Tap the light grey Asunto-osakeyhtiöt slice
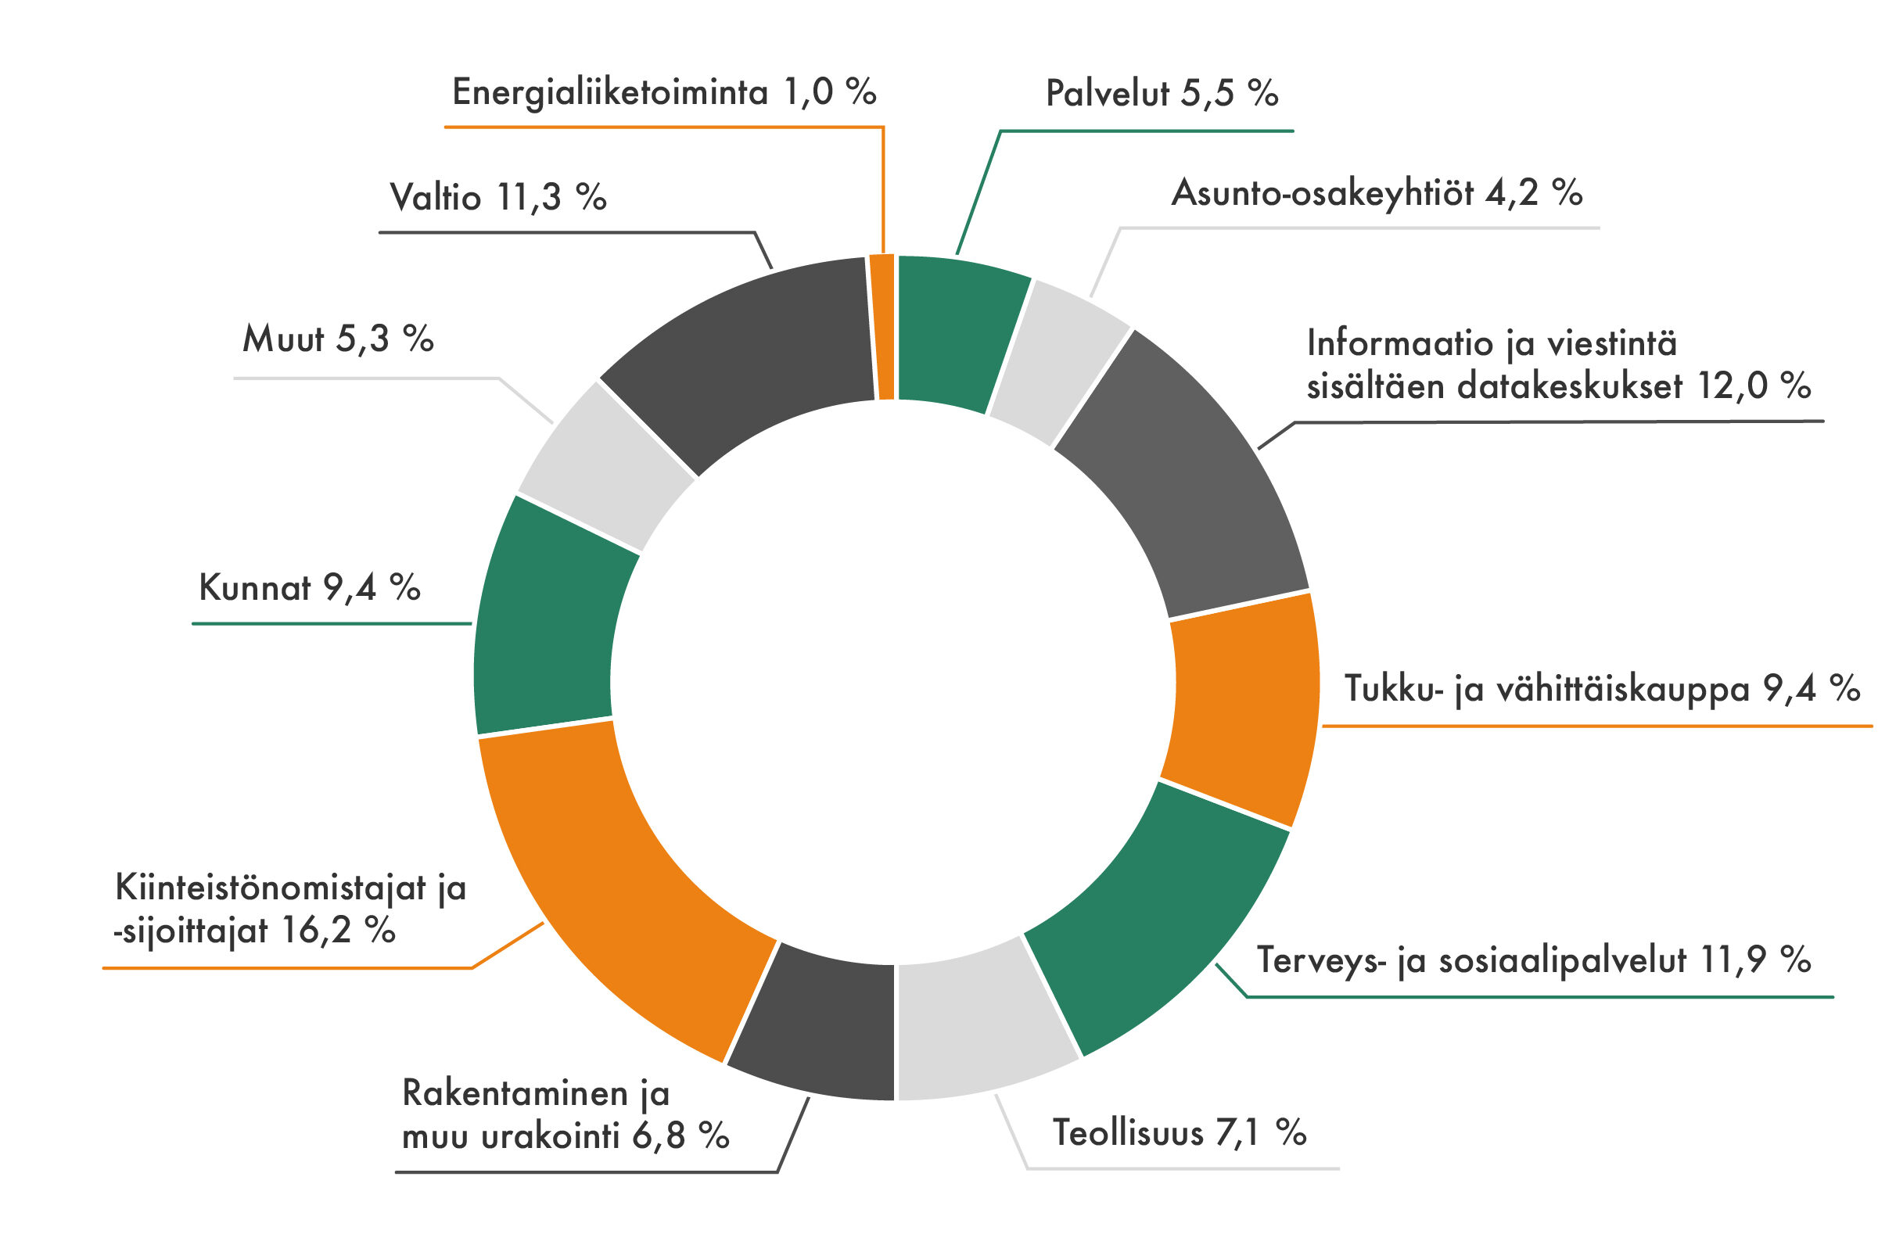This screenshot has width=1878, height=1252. (x=1058, y=359)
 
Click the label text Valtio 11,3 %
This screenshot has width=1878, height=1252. (x=497, y=197)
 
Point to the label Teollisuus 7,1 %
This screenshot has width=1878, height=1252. (x=1179, y=1132)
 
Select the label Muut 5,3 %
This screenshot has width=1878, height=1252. (x=338, y=339)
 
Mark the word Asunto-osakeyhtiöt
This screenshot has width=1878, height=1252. (x=1321, y=193)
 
